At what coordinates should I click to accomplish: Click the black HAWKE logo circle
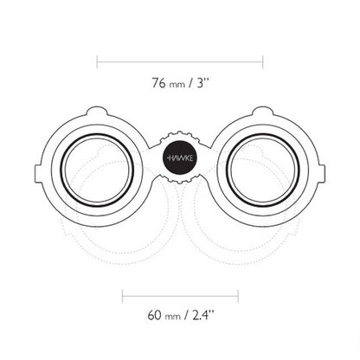click(180, 157)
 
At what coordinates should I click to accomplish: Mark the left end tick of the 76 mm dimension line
click(98, 61)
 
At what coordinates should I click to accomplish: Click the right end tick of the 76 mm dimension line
click(262, 61)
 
